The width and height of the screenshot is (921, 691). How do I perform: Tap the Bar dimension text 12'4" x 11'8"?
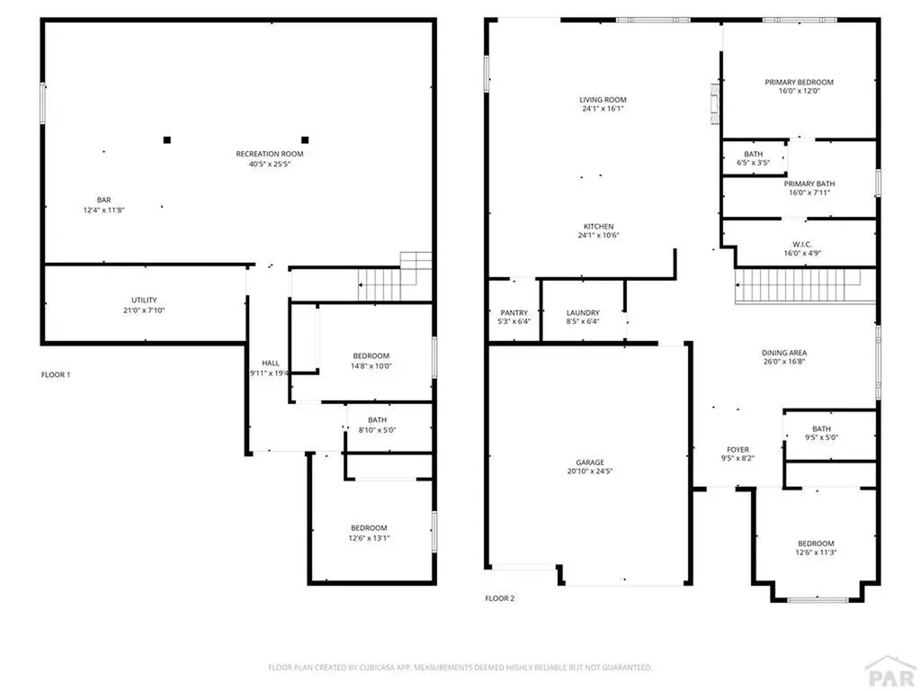pyautogui.click(x=104, y=210)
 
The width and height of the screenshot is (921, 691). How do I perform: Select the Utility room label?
pyautogui.click(x=144, y=300)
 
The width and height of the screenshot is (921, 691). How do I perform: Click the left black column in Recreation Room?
pyautogui.click(x=166, y=139)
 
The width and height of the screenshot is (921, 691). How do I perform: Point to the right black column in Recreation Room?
pyautogui.click(x=305, y=139)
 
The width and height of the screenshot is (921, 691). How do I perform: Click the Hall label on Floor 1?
pyautogui.click(x=270, y=363)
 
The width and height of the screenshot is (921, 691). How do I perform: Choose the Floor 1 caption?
pyautogui.click(x=55, y=374)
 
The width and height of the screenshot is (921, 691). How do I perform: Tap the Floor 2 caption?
pyautogui.click(x=499, y=597)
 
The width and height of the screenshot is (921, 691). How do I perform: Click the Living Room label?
pyautogui.click(x=603, y=100)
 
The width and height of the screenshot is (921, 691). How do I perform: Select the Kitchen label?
pyautogui.click(x=598, y=226)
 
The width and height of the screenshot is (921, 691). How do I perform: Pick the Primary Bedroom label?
pyautogui.click(x=799, y=82)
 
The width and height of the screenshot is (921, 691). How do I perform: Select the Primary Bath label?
pyautogui.click(x=809, y=184)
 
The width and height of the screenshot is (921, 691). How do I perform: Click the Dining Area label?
pyautogui.click(x=783, y=353)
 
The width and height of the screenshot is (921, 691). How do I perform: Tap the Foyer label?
pyautogui.click(x=738, y=450)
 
